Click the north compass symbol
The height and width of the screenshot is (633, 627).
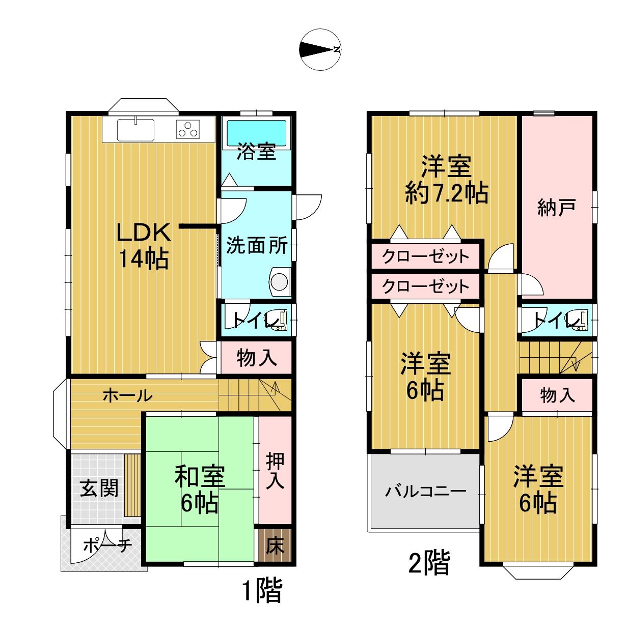pos(319,49)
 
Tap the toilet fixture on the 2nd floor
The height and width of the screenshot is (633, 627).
pos(579,320)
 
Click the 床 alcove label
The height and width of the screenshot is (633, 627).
pos(275,545)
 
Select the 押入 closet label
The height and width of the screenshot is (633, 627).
pos(275,470)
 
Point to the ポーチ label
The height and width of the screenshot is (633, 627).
pos(107,545)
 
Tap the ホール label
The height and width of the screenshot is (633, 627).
pos(128,396)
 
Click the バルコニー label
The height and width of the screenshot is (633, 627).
pos(426,492)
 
